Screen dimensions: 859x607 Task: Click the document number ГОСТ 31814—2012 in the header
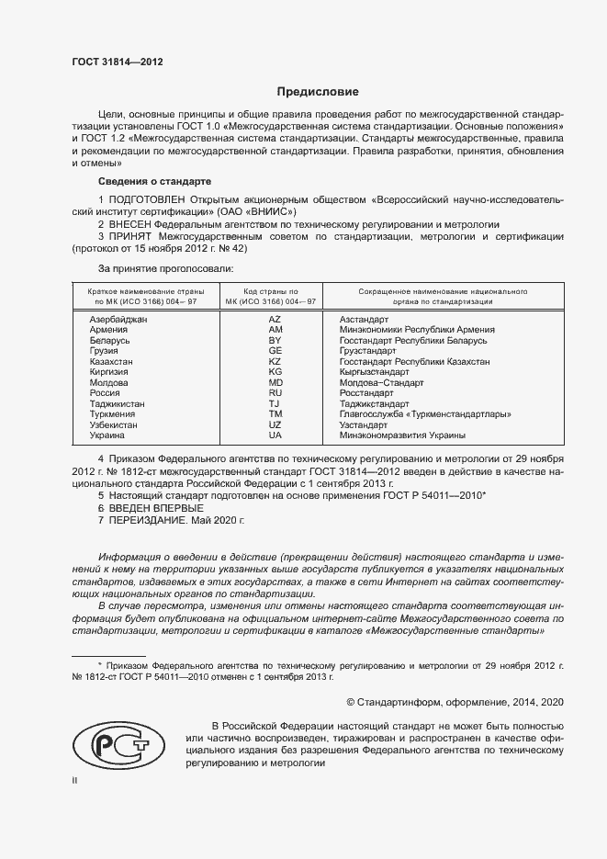point(117,62)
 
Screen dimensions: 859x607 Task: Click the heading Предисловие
point(318,93)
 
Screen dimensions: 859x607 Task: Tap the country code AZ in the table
point(275,319)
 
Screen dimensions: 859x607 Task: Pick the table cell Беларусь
point(109,340)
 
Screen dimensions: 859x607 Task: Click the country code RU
point(275,393)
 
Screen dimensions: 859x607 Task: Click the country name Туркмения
point(112,414)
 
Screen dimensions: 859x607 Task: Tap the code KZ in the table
point(275,361)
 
